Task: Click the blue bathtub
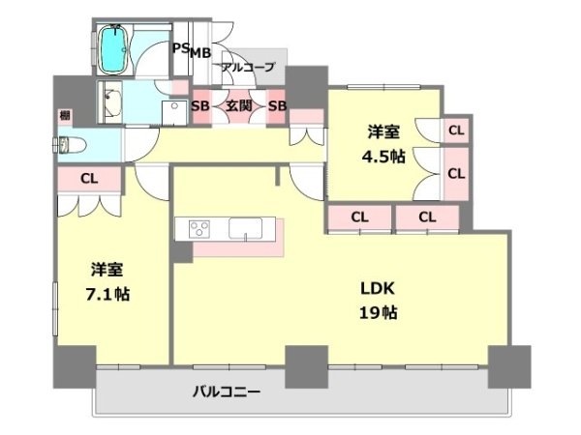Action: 114,49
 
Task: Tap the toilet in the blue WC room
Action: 71,145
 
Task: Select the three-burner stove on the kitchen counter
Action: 199,229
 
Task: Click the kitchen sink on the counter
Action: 245,228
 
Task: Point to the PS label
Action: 182,48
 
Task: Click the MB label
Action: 200,53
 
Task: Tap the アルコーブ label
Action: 248,67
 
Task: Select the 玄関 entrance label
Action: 239,106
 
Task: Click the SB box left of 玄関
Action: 200,106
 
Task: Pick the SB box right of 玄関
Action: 277,106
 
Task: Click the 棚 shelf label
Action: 65,115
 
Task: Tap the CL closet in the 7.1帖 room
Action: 89,179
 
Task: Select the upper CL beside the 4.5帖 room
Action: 456,130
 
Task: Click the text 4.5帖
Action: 383,157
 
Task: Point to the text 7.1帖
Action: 107,295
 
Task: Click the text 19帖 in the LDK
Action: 378,313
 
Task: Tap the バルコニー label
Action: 227,391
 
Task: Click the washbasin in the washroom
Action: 113,102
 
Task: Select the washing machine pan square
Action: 174,112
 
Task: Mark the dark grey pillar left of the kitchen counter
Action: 183,252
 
